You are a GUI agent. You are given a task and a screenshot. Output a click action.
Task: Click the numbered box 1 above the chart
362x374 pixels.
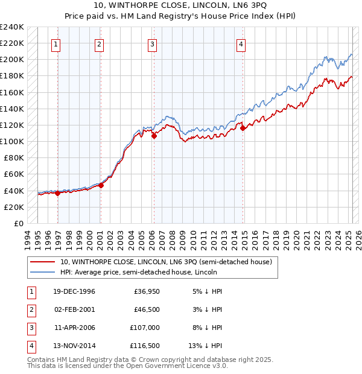pos(56,43)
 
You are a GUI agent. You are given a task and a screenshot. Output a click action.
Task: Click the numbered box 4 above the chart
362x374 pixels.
pos(241,43)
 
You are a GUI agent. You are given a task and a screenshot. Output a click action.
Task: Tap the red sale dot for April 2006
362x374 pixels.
pos(154,136)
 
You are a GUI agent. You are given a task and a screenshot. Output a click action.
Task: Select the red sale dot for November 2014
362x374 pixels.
pos(243,128)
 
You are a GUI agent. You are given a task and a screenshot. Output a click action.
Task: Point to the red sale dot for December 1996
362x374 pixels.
pos(58,193)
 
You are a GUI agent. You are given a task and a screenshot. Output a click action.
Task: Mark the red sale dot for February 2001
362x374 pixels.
pos(101,185)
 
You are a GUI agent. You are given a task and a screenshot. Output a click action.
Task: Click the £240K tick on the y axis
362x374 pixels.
pos(12,27)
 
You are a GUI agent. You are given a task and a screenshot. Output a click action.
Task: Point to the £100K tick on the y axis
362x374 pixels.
pos(12,141)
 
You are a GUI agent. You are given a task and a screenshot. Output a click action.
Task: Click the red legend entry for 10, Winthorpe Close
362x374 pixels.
pos(166,262)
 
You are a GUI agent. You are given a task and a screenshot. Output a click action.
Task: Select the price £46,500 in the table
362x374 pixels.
pos(145,310)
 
